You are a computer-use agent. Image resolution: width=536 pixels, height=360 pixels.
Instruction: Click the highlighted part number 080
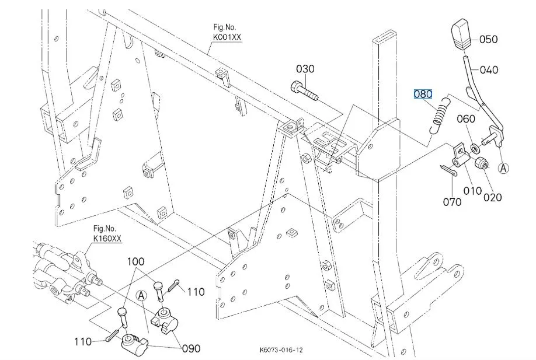coord(423,93)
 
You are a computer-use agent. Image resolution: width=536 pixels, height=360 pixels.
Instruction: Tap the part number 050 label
coord(489,40)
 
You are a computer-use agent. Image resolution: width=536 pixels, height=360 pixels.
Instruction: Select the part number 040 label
coord(489,70)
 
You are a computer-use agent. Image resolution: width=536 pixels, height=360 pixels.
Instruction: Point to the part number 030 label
coord(305,69)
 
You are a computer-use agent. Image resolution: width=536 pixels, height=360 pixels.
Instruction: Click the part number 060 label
coord(466,119)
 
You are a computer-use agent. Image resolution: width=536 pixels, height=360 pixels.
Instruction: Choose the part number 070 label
coord(452,202)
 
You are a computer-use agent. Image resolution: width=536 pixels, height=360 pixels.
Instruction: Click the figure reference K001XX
coord(227,37)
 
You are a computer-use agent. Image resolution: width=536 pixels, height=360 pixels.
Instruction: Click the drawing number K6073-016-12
coord(281,350)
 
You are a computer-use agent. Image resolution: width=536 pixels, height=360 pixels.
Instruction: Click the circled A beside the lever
coord(504,167)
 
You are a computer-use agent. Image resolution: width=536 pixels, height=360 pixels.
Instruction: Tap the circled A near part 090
coord(140,296)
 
